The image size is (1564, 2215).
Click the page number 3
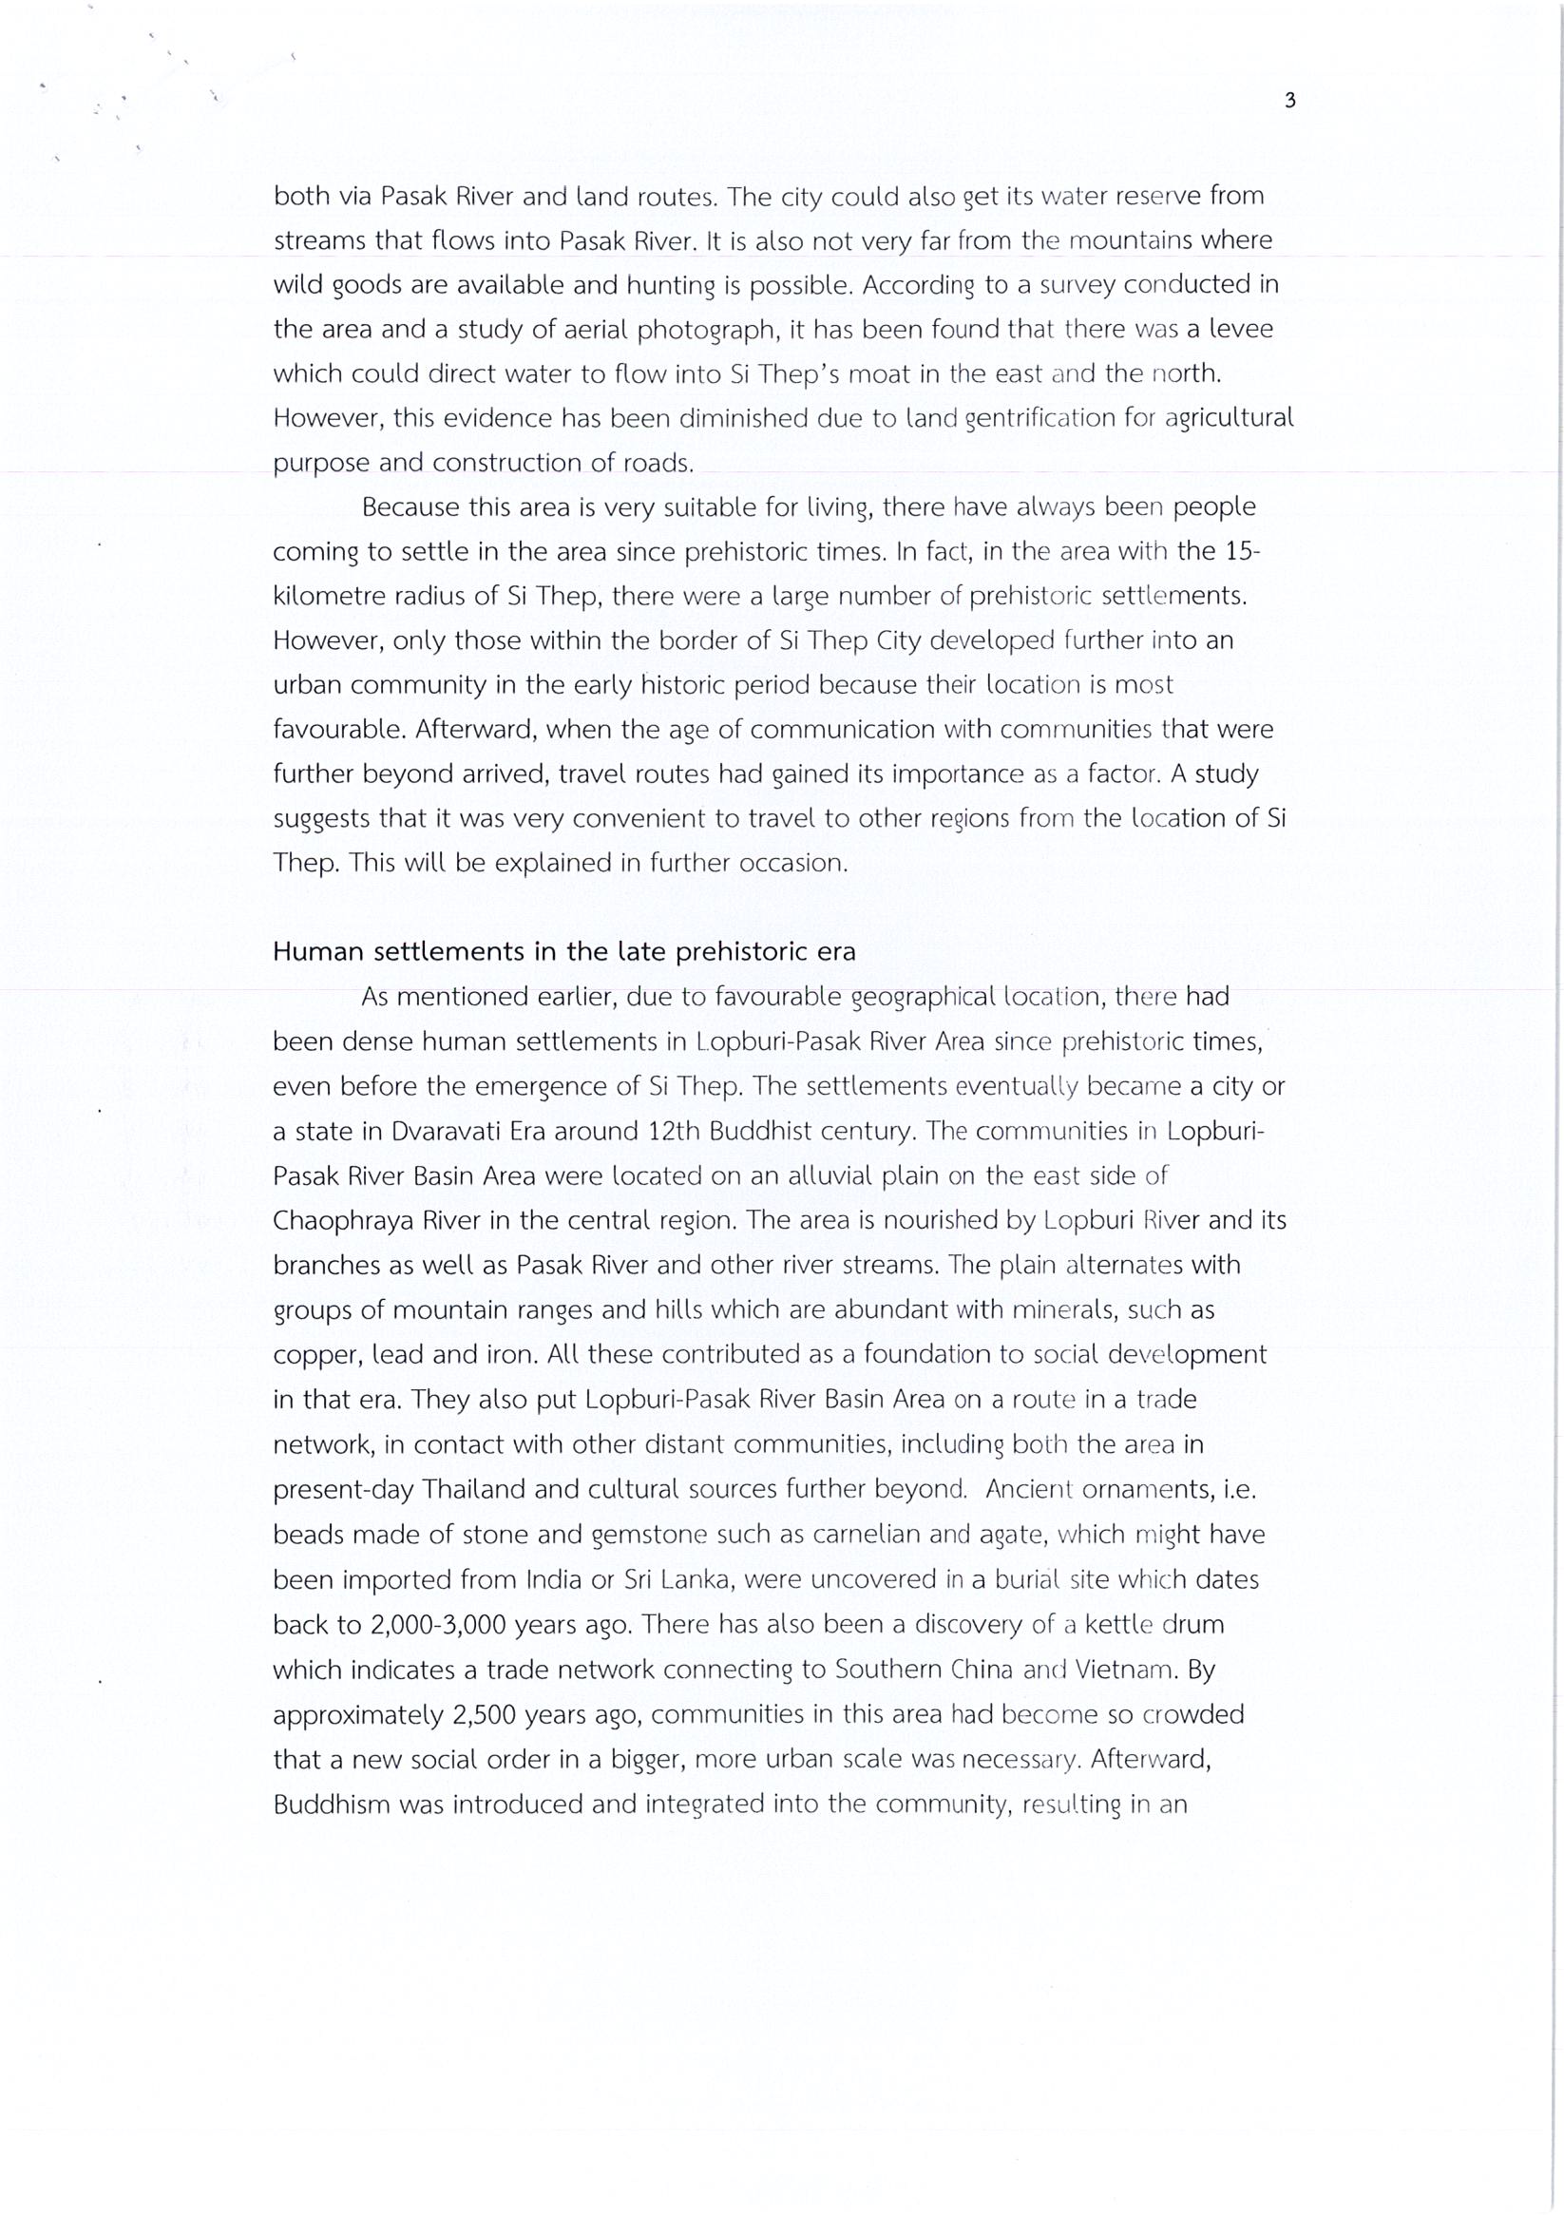1289,101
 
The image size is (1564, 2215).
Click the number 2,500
485,1714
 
